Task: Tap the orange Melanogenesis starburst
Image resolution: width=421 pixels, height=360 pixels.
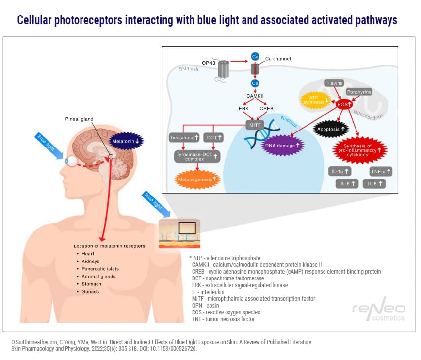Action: (197, 179)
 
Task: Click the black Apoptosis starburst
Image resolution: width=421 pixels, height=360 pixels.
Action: (331, 130)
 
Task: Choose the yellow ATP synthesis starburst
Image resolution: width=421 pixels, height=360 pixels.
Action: (310, 100)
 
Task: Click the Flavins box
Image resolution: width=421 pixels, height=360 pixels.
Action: (335, 83)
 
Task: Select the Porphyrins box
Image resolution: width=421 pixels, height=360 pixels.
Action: (359, 92)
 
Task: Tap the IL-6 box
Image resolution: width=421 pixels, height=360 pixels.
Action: (347, 184)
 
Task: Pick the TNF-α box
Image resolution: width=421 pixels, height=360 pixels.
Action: (381, 171)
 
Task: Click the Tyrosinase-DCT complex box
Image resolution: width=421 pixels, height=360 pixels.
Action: (197, 157)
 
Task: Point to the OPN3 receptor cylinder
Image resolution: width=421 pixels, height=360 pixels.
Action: (223, 70)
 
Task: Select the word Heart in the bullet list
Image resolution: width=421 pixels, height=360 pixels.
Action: (87, 253)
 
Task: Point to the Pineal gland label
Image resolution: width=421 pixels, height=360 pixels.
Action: (80, 119)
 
